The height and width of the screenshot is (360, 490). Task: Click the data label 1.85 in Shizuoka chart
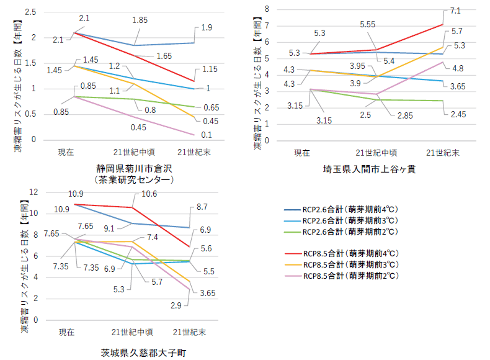(140, 20)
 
